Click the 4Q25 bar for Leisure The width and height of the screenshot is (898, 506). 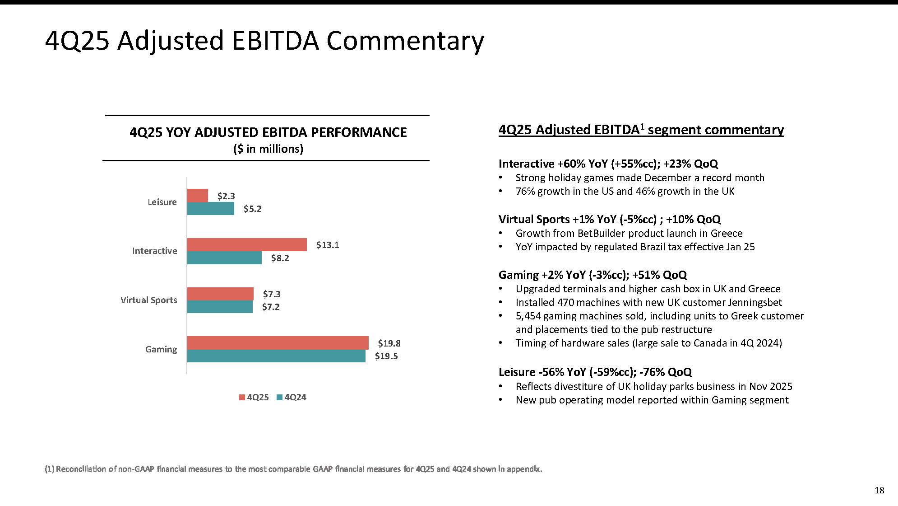[x=198, y=196]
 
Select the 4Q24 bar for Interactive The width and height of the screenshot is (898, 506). [x=224, y=258]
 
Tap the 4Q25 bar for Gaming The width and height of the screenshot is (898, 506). [x=278, y=343]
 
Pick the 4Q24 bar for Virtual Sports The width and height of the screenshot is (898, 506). [x=220, y=307]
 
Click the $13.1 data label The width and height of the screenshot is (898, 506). [x=327, y=245]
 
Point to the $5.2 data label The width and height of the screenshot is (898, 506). [x=252, y=209]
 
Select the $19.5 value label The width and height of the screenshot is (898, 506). [x=386, y=356]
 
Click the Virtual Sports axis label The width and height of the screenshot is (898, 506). [x=148, y=300]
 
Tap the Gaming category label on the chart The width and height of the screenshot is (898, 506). [x=161, y=349]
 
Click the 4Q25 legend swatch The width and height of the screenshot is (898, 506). [x=242, y=398]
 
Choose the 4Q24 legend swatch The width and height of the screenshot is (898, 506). [x=279, y=398]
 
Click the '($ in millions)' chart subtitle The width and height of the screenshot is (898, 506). [x=268, y=149]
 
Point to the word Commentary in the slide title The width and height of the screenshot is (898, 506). [x=405, y=41]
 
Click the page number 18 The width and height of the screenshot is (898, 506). [x=879, y=490]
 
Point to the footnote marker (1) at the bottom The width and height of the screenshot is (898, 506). [x=49, y=469]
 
